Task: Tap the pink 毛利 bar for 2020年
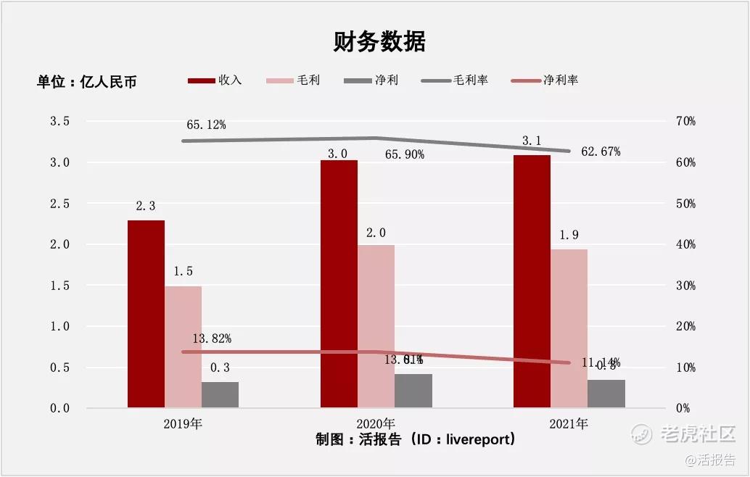pyautogui.click(x=376, y=326)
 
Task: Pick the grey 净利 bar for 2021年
pyautogui.click(x=606, y=394)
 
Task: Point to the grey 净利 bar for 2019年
pyautogui.click(x=220, y=394)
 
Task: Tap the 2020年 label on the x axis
pyautogui.click(x=376, y=423)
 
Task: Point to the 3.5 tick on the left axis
pyautogui.click(x=59, y=122)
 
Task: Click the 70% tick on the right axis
pyautogui.click(x=685, y=122)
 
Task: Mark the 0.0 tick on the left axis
pyautogui.click(x=59, y=408)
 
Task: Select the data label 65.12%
pyautogui.click(x=206, y=125)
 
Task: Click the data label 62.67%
pyautogui.click(x=601, y=152)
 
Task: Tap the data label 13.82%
pyautogui.click(x=212, y=339)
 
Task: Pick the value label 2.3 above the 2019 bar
pyautogui.click(x=145, y=207)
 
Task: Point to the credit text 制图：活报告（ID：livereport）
pyautogui.click(x=416, y=439)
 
